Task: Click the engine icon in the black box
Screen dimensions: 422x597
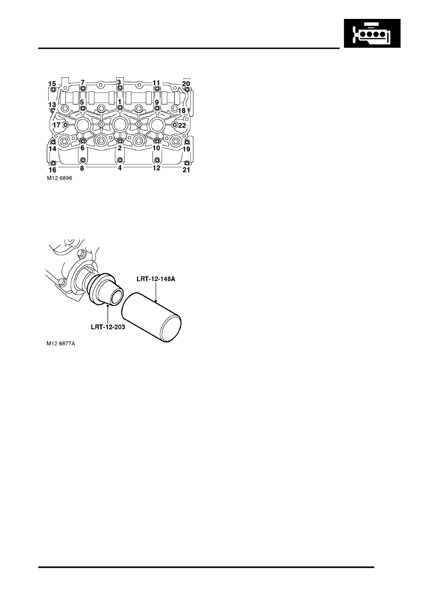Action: click(372, 33)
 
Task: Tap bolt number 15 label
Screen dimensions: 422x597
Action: click(52, 84)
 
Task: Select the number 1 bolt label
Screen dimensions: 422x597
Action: click(120, 102)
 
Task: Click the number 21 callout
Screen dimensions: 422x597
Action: click(186, 170)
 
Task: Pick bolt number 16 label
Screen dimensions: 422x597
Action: click(53, 170)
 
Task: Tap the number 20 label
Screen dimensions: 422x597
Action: click(186, 84)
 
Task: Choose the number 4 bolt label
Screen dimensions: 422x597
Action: click(120, 168)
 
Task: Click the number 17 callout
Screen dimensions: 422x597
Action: click(57, 125)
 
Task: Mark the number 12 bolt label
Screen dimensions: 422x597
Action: click(156, 168)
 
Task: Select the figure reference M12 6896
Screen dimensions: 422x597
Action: click(60, 179)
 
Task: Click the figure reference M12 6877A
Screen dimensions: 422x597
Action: click(61, 344)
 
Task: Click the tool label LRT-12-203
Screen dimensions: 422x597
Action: click(108, 327)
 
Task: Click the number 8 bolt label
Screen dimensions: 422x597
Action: click(82, 168)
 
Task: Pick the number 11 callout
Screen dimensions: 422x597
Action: click(156, 82)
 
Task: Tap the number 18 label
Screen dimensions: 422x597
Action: click(181, 110)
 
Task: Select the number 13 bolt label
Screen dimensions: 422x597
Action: click(52, 104)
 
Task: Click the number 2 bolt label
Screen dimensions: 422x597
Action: click(120, 148)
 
